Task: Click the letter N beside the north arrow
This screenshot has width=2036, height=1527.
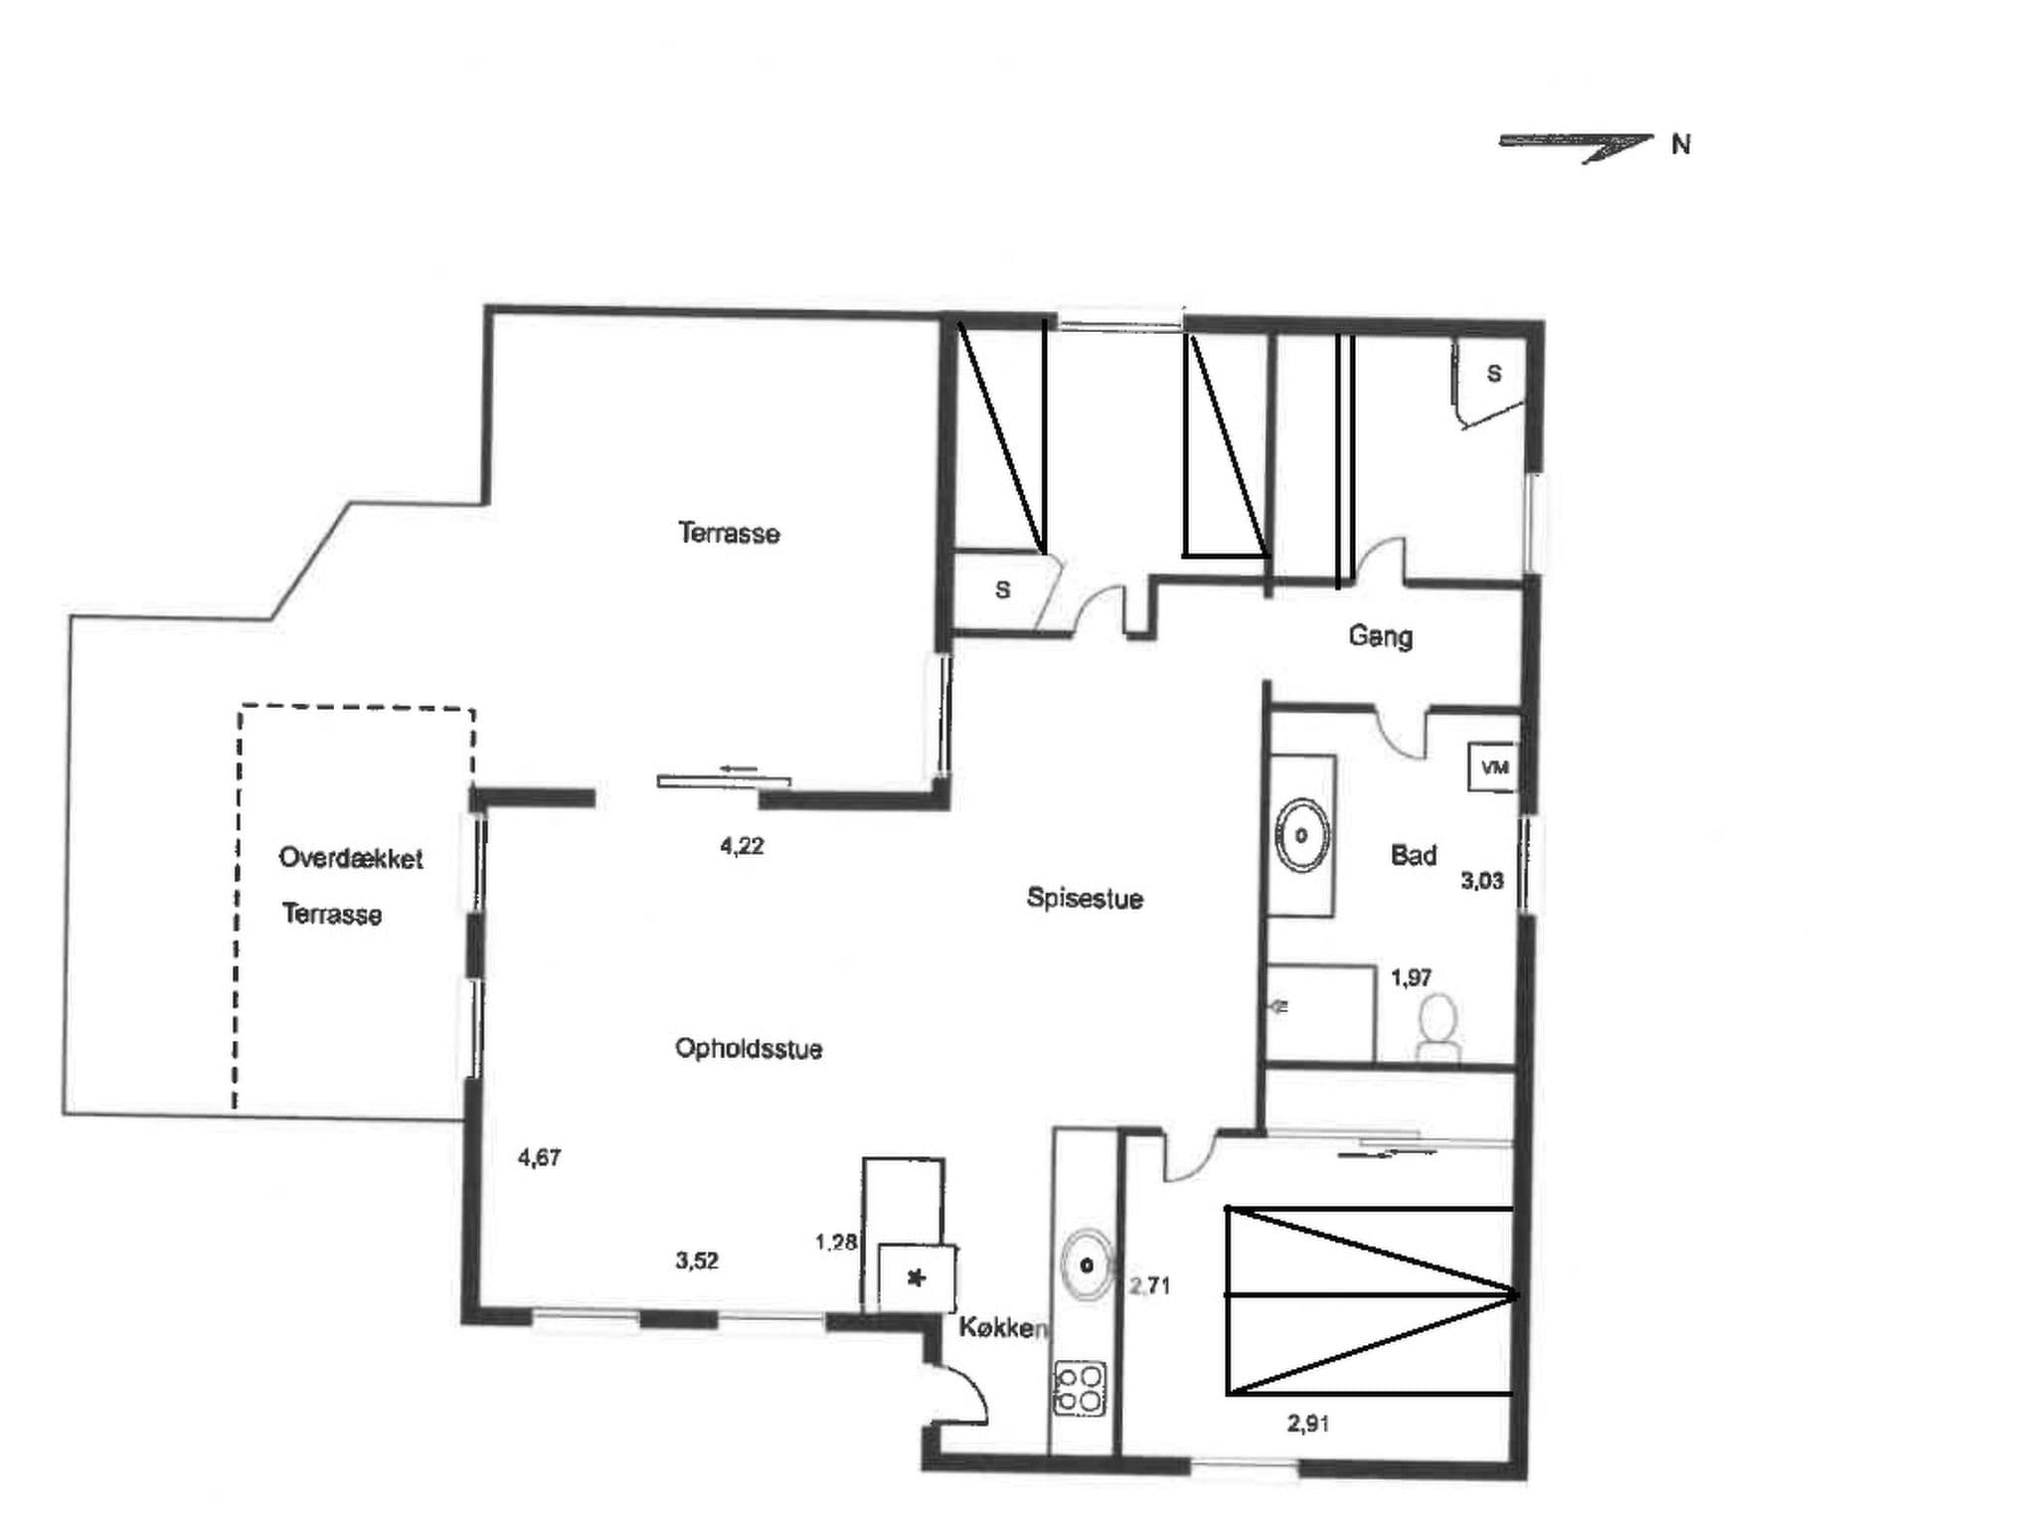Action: coord(1680,145)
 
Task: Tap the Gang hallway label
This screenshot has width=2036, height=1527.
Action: coord(1380,636)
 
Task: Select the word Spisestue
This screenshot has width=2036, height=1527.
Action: coord(1085,899)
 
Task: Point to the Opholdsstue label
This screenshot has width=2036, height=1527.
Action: coord(748,1049)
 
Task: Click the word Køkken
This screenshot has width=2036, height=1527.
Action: coord(1002,1328)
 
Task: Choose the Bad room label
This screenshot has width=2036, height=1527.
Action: coord(1413,855)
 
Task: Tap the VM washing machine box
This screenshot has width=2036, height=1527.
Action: coord(1493,767)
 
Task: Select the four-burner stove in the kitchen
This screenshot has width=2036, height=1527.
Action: coord(1079,1389)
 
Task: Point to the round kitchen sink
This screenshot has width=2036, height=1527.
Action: coord(1088,1265)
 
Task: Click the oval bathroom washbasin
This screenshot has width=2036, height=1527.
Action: coord(1301,836)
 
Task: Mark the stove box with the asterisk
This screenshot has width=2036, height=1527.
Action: coord(917,1278)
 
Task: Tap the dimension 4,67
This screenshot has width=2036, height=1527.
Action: coord(540,1157)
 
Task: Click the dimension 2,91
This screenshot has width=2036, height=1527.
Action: coord(1308,1424)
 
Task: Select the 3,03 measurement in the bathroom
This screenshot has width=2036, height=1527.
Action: coord(1481,881)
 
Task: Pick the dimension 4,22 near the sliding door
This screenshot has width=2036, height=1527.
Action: coord(742,846)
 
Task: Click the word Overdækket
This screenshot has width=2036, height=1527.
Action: coord(351,858)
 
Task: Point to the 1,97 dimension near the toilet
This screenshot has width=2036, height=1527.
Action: coord(1411,978)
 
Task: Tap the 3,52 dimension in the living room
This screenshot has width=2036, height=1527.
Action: coord(697,1261)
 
